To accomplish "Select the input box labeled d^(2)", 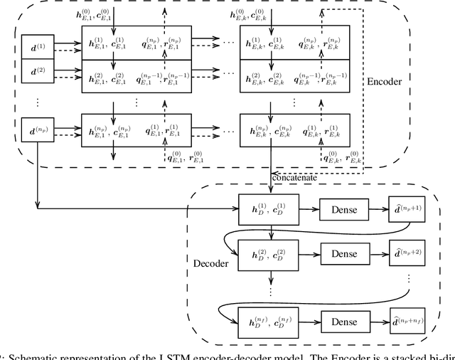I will pos(38,71).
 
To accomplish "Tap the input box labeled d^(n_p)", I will pos(38,131).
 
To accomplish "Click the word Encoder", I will pos(385,82).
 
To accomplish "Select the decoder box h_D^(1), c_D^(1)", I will pos(269,209).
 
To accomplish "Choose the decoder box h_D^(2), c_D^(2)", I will pos(269,253).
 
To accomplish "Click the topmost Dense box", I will pos(344,209).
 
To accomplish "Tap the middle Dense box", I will pos(344,253).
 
